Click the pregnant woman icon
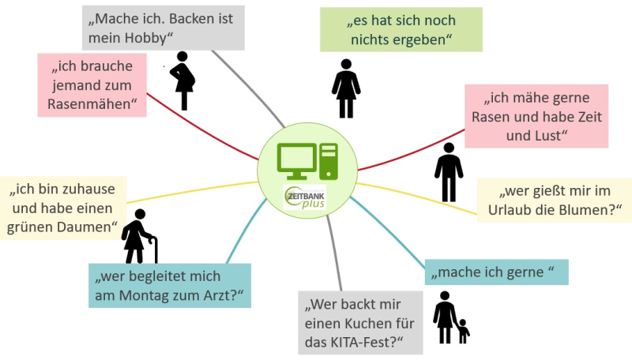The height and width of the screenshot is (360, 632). tap(184, 80)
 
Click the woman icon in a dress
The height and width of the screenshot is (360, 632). tap(345, 88)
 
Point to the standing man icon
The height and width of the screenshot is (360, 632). tap(449, 171)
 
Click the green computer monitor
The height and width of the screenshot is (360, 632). tap(297, 160)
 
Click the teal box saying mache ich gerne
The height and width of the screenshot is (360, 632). tap(496, 272)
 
